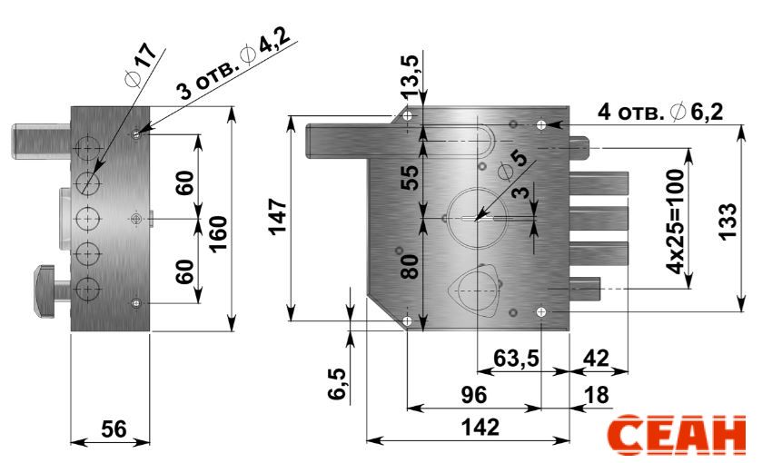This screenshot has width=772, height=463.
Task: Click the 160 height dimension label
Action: (x=218, y=233)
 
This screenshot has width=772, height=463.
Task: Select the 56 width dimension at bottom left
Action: (x=114, y=429)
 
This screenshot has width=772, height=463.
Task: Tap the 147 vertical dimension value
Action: (x=278, y=216)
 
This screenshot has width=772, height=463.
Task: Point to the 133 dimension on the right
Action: (x=727, y=221)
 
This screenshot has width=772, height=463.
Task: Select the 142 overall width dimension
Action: (x=480, y=427)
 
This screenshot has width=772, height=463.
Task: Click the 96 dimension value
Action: (x=473, y=395)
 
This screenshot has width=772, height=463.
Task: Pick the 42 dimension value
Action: (x=596, y=359)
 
